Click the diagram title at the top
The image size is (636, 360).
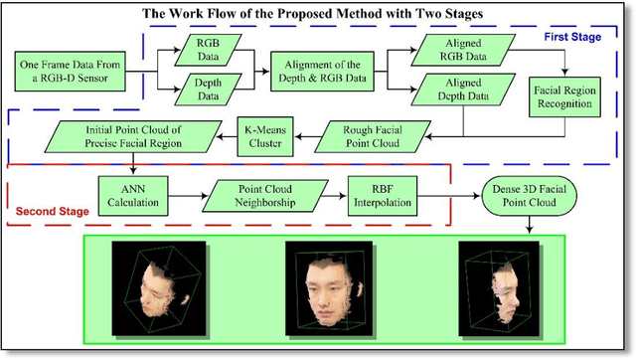pos(318,13)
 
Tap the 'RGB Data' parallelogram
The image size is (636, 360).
pos(209,51)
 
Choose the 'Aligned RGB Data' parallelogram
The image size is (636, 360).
pos(456,51)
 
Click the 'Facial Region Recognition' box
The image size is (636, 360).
pos(565,96)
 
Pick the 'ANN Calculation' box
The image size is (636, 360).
pos(128,193)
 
